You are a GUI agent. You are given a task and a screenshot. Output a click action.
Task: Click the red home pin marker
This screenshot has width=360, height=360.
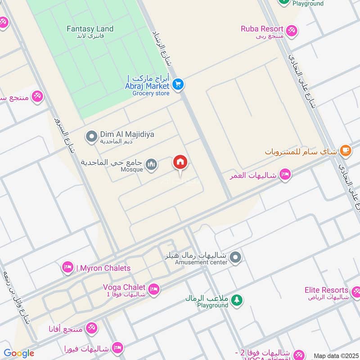180,163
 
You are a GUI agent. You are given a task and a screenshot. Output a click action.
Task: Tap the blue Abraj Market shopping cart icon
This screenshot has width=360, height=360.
178,84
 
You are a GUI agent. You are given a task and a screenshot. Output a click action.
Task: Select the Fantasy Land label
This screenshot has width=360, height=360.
90,29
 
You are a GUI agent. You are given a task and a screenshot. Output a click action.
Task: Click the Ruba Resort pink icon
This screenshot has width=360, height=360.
292,30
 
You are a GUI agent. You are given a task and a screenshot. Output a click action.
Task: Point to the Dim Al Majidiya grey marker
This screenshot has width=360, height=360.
91,135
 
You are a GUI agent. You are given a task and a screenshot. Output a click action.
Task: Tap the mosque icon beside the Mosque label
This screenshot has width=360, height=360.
152,164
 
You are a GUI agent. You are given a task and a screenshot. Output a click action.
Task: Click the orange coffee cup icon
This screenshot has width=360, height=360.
345,151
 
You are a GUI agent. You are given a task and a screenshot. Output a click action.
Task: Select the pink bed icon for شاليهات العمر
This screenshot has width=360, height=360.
285,175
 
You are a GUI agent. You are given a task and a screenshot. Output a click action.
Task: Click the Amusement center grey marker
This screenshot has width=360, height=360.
235,258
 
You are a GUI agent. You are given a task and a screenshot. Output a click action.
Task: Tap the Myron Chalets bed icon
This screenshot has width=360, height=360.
68,268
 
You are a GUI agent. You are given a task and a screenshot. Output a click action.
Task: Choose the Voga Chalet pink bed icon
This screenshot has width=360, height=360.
153,290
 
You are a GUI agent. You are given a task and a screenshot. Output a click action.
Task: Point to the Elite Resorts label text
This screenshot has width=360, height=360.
326,290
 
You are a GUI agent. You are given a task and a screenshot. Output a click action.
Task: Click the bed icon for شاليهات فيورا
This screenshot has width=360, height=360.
117,347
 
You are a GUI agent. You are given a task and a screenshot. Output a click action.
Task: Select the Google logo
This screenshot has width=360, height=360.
19,353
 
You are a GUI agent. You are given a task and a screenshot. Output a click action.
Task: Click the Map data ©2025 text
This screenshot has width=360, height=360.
335,355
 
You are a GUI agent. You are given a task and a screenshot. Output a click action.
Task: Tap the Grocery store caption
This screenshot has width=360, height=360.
151,93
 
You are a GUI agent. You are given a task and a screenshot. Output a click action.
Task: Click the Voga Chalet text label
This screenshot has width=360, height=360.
124,287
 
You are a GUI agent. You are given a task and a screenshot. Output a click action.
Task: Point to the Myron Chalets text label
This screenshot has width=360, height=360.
103,268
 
